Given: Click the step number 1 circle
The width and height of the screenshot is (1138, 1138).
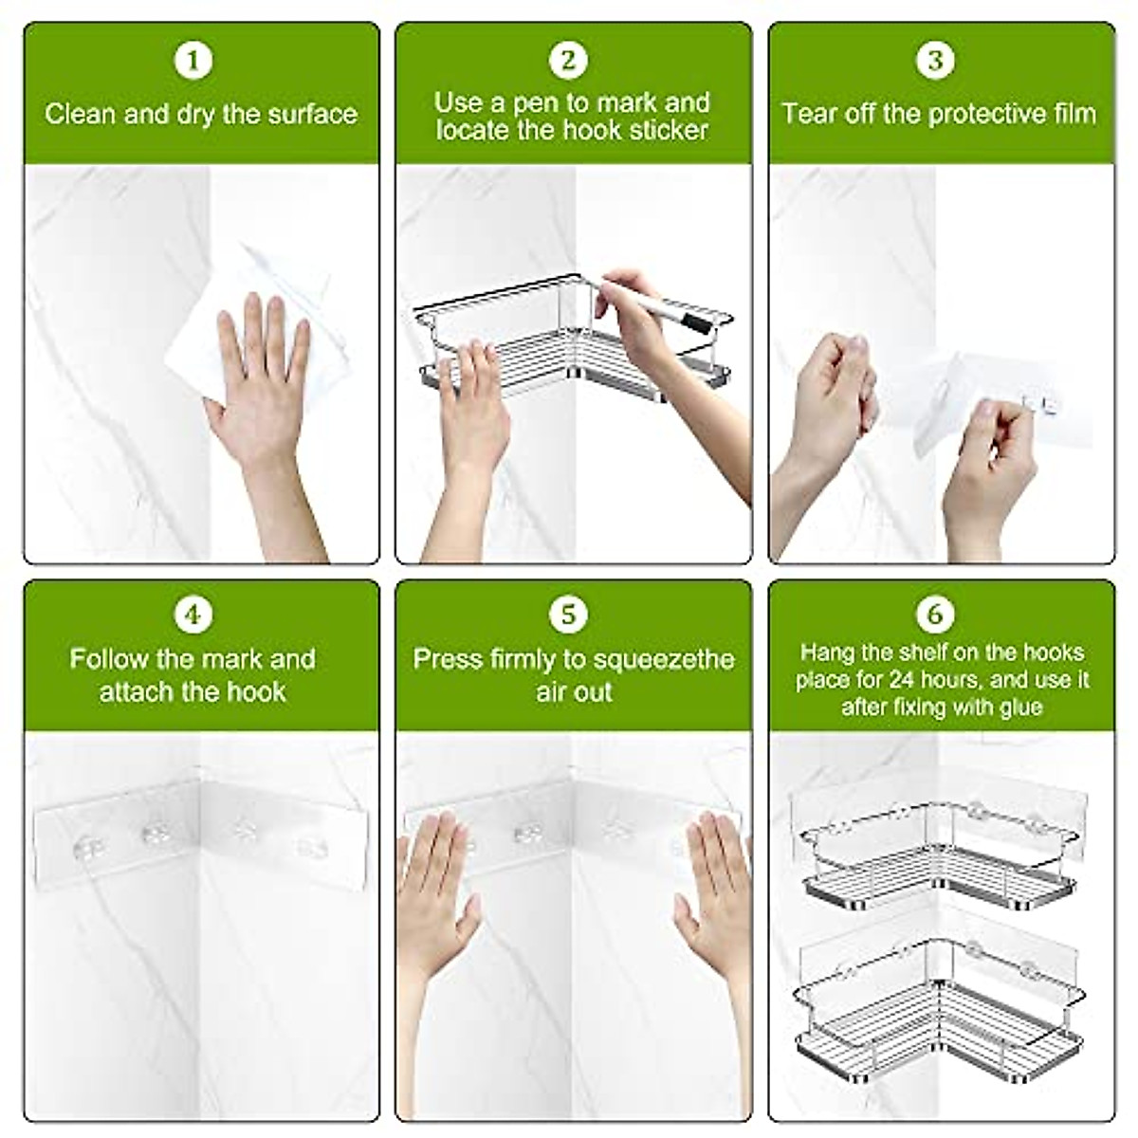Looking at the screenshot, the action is [193, 60].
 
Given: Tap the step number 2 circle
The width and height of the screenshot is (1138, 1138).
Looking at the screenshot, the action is [568, 60].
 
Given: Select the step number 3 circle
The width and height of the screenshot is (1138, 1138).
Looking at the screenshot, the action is [935, 60].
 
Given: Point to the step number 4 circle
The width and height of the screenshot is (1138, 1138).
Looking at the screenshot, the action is [193, 615].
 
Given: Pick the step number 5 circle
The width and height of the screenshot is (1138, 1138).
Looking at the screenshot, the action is [568, 615].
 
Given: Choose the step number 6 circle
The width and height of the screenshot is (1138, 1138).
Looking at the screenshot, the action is [935, 615].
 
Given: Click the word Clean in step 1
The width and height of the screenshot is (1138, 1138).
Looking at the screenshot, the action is [81, 114].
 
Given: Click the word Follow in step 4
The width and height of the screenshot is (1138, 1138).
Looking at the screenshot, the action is [109, 659].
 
